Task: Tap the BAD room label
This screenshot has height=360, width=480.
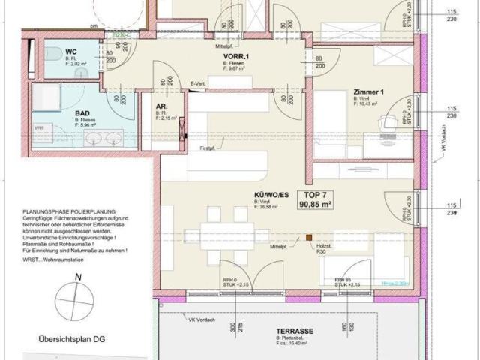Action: [x=82, y=112]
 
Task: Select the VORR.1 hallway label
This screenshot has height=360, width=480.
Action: [x=236, y=57]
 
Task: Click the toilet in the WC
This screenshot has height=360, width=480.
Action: [x=52, y=55]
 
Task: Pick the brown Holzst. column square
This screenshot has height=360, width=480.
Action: [x=307, y=240]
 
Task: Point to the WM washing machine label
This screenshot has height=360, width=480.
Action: [x=38, y=128]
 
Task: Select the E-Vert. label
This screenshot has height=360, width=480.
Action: [x=199, y=83]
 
